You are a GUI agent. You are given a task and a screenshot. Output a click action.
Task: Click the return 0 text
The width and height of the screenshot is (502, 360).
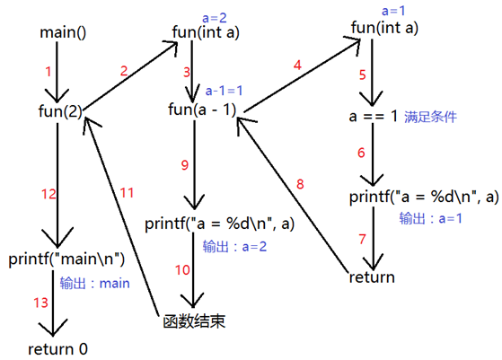tap(59, 348)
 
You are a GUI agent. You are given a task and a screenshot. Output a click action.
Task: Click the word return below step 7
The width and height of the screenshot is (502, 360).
tap(372, 277)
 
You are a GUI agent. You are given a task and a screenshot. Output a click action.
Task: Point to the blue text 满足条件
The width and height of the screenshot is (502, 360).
tap(431, 117)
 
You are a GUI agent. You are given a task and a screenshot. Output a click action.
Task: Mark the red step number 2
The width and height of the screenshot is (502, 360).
tap(123, 70)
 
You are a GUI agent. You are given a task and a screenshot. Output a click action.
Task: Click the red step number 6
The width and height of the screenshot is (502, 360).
tap(361, 154)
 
